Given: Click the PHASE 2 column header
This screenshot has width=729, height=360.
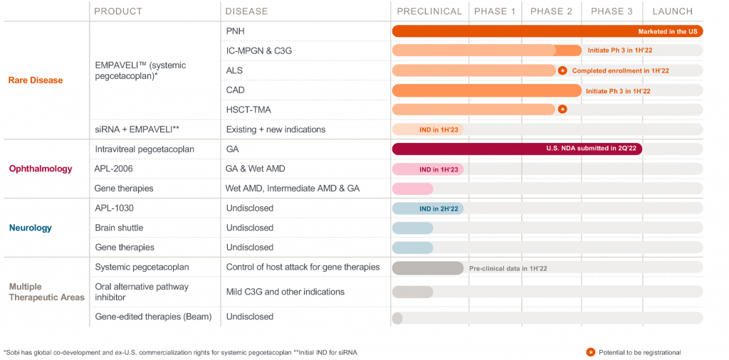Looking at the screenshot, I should pyautogui.click(x=551, y=11).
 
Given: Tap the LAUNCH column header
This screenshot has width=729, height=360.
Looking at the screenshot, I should pyautogui.click(x=672, y=11).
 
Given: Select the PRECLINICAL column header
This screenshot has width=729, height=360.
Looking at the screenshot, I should pyautogui.click(x=429, y=11).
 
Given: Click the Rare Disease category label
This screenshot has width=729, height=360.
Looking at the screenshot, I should pyautogui.click(x=36, y=80).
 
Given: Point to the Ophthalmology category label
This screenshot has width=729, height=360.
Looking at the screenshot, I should pyautogui.click(x=41, y=169).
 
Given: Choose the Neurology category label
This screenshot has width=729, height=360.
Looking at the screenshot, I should pyautogui.click(x=31, y=228).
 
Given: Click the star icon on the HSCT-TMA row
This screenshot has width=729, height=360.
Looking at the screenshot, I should pyautogui.click(x=562, y=110).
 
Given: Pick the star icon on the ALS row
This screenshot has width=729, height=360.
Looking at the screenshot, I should pyautogui.click(x=562, y=70).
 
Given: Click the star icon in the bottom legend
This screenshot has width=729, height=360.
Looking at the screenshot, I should pyautogui.click(x=591, y=352).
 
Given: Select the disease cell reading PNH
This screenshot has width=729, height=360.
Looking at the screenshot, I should pyautogui.click(x=235, y=31).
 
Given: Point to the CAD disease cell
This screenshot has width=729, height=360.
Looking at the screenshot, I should pyautogui.click(x=236, y=90).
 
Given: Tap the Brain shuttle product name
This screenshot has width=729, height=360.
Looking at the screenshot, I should pyautogui.click(x=119, y=228).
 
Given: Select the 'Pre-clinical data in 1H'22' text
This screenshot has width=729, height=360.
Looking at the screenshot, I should pyautogui.click(x=508, y=268).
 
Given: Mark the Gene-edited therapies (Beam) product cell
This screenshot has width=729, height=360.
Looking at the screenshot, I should pyautogui.click(x=153, y=317).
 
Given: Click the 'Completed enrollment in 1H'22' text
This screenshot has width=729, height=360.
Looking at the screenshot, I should pyautogui.click(x=620, y=71).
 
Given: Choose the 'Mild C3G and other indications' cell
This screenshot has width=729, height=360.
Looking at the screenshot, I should pyautogui.click(x=285, y=292).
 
